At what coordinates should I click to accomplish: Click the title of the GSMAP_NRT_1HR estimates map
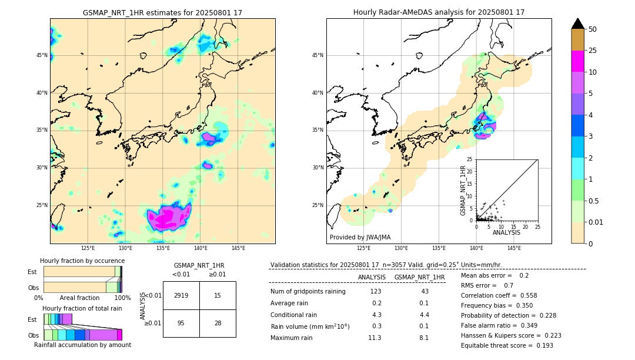click(162, 12)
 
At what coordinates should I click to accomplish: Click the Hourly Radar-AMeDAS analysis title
click(439, 12)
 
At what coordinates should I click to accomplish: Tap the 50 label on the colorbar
click(593, 29)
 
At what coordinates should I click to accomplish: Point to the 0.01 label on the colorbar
click(596, 222)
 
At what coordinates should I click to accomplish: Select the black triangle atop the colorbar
click(578, 24)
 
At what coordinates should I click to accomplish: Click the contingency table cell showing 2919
click(181, 295)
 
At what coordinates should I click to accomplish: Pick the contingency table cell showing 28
click(218, 324)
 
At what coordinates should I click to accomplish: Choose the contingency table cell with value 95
click(181, 324)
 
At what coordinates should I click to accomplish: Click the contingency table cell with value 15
click(218, 295)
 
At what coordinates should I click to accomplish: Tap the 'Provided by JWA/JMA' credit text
click(360, 237)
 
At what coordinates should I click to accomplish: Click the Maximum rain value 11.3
click(375, 338)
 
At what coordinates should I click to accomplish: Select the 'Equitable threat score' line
click(507, 345)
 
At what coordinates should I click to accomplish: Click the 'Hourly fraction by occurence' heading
click(82, 261)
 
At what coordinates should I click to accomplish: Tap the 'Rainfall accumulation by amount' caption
click(82, 345)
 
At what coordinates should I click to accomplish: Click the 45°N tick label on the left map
click(42, 55)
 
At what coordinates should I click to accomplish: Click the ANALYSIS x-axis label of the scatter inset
click(506, 232)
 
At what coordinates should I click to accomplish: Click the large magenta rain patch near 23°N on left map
click(168, 218)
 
